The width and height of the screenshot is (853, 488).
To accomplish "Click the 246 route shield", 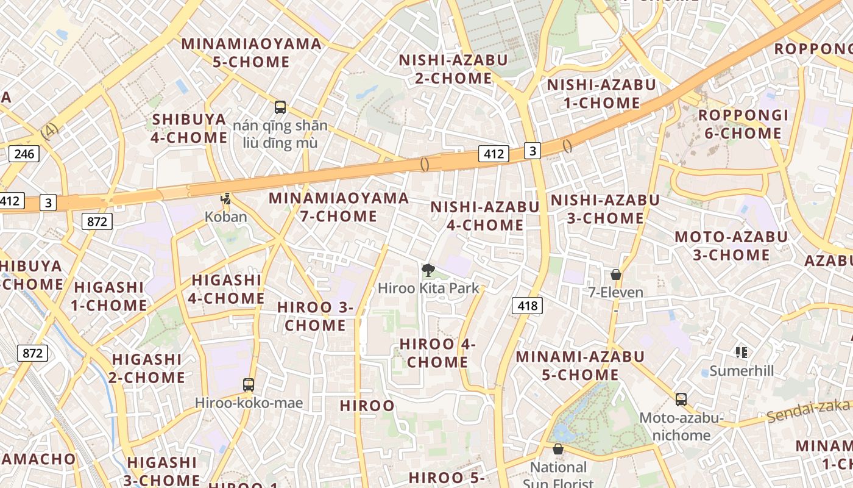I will [24, 153].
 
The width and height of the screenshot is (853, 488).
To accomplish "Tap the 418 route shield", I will [527, 305].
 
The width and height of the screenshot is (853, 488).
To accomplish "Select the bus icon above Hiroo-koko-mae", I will [249, 384].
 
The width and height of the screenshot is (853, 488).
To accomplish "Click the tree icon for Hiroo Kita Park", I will [428, 270].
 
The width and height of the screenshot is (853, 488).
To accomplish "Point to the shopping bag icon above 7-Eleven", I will [616, 274].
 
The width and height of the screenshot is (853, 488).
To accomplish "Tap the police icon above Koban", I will [226, 198].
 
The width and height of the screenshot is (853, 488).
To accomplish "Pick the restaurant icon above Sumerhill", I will [742, 352].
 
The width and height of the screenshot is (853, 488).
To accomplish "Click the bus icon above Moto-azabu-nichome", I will [681, 400].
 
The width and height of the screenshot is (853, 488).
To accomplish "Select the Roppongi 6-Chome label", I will [743, 124].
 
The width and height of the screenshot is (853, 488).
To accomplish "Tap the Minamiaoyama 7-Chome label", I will [339, 207].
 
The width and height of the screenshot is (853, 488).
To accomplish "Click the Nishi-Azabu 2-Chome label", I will [453, 69].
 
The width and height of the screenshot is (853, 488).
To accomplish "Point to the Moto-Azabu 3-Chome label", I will [731, 245].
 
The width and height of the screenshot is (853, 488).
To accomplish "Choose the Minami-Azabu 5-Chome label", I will [580, 365].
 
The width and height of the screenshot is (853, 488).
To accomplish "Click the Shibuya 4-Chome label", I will [189, 128].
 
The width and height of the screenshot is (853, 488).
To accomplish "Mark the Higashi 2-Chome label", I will [147, 368].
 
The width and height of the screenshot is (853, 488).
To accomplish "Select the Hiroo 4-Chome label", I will [437, 353].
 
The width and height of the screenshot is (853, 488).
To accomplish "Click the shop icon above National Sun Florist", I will [557, 450].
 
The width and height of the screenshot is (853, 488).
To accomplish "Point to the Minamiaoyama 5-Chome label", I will [251, 52].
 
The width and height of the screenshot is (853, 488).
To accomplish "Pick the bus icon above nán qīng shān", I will [280, 107].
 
